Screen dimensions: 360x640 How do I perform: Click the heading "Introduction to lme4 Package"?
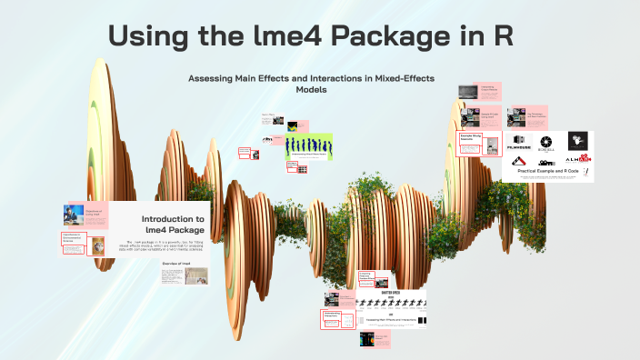pos(173,225)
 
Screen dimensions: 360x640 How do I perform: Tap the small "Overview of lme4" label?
pos(176,263)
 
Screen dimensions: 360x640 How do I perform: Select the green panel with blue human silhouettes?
pos(306,145)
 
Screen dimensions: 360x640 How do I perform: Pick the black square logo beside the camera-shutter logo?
pos(578,141)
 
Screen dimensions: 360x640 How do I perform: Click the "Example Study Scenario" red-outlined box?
pos(468,138)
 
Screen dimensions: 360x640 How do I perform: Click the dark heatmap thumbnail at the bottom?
pos(367,341)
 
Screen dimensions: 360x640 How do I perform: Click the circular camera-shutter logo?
pos(545,142)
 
